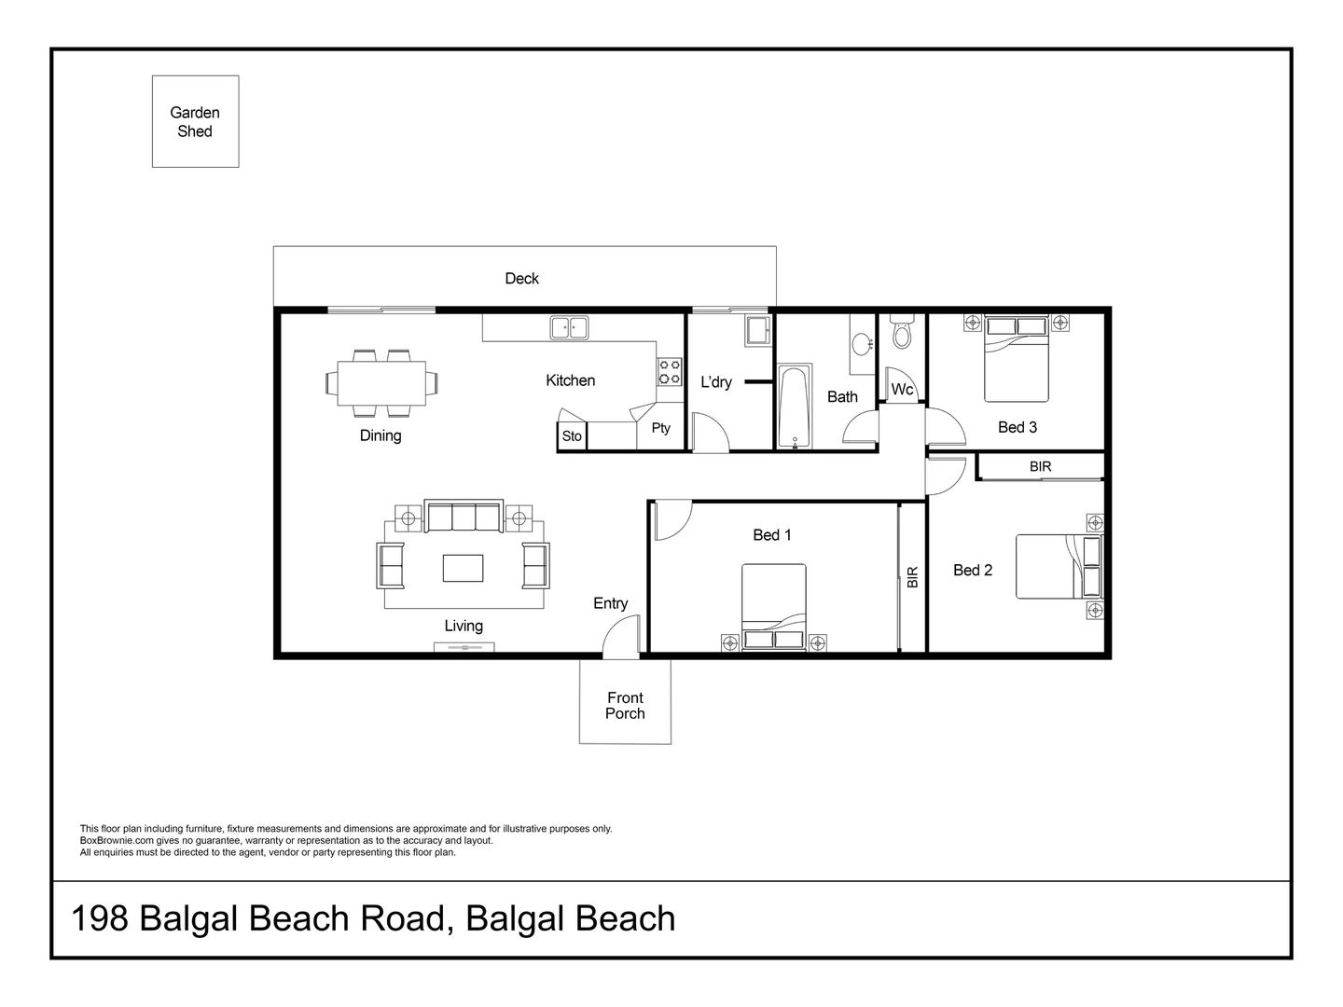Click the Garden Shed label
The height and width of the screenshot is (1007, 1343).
tap(195, 121)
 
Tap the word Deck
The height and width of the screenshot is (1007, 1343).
tap(521, 279)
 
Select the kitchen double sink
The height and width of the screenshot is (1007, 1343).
tap(569, 327)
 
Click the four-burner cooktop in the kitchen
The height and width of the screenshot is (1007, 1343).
tap(670, 372)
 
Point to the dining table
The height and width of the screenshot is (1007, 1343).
tap(381, 383)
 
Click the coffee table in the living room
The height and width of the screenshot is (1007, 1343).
tap(464, 568)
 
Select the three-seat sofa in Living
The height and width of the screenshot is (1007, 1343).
tap(464, 516)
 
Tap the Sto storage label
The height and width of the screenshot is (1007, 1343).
tap(572, 436)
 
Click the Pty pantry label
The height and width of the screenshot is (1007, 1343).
tap(660, 428)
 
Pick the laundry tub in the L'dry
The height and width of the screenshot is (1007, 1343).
tap(758, 332)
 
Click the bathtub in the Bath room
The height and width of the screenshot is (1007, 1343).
tap(795, 407)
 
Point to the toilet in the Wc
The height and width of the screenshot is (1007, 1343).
tap(901, 331)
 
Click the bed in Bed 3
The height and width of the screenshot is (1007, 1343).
tap(1017, 358)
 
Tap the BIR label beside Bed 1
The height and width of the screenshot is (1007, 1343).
tap(912, 577)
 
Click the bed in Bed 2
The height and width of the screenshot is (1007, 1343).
tap(1059, 567)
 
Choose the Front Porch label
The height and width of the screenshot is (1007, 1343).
tap(625, 706)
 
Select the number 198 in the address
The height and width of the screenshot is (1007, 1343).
tap(100, 918)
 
